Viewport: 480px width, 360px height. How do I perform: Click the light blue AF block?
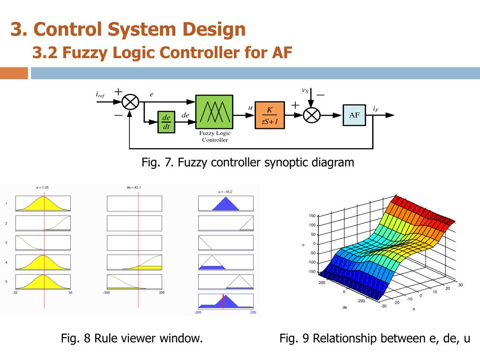point(354,115)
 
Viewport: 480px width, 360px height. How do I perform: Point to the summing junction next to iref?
point(130,102)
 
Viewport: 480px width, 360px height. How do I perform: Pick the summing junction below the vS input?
point(311,115)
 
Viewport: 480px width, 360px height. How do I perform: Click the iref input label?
point(100,95)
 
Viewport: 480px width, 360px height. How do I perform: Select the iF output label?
point(375,109)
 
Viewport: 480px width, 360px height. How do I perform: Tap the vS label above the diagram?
point(305,90)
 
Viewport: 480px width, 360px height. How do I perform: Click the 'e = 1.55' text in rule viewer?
point(43,187)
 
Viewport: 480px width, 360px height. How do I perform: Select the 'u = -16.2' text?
point(225,191)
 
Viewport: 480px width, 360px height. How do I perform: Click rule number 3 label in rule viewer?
point(6,243)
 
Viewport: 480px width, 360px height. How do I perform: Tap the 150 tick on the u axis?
point(312,216)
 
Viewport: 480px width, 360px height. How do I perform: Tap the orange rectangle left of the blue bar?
point(14,74)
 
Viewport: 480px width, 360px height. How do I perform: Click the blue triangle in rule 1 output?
point(225,204)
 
